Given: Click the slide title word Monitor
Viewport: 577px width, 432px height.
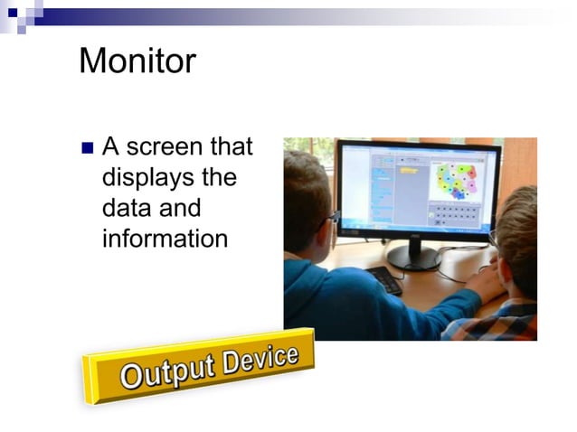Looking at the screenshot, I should pos(137,61).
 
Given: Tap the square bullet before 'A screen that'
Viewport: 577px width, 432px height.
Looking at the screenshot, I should pos(88,147).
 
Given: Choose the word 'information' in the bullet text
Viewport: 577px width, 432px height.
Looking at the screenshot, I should pos(165,239).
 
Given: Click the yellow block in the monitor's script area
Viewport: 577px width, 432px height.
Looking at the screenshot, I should pos(408,169).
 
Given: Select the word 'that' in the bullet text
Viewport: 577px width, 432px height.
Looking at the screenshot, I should pos(232,146).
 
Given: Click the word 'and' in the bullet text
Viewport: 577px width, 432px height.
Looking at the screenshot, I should pos(181,209).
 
